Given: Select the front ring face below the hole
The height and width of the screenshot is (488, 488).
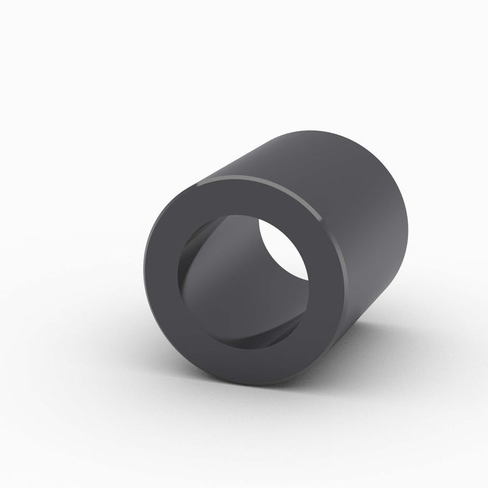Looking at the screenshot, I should [x=242, y=363].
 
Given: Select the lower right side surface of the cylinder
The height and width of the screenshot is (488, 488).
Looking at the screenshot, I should [x=371, y=303].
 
